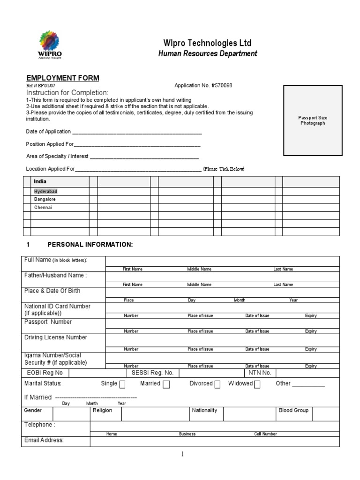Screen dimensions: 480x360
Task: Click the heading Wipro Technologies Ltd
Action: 207,43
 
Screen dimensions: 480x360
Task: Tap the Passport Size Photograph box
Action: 313,120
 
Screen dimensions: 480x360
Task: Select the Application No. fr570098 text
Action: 203,86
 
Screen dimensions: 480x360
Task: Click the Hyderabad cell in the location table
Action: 45,192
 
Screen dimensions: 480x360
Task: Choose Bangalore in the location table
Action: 45,199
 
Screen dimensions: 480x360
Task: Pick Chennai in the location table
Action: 43,207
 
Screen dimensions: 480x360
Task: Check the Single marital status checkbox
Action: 122,384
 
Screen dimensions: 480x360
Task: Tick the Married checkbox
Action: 166,384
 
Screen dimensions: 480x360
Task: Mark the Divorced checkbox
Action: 217,384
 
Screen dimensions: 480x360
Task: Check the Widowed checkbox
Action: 257,384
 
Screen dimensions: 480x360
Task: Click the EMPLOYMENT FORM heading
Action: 62,78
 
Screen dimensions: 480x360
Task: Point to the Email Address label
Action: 44,440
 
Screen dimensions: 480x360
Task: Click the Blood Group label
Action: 293,411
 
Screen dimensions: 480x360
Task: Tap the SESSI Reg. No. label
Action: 152,373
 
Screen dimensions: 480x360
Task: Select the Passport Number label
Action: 48,322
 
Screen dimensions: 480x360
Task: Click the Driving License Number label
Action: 55,337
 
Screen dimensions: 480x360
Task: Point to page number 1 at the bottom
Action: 182,454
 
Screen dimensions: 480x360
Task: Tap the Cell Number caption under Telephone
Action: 265,434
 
